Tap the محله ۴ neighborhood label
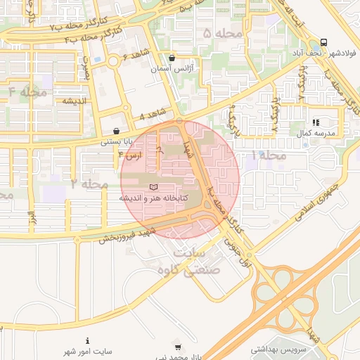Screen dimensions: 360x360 28,91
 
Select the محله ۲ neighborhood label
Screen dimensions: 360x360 89,184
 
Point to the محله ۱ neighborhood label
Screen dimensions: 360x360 268,155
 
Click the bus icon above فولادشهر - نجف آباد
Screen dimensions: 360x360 323,42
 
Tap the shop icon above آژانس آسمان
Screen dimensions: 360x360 173,58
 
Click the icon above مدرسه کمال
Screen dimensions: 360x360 316,122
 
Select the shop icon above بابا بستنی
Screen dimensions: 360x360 116,131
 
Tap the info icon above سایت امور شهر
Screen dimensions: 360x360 87,340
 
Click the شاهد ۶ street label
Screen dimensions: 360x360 136,54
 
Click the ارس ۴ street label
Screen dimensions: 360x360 131,153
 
